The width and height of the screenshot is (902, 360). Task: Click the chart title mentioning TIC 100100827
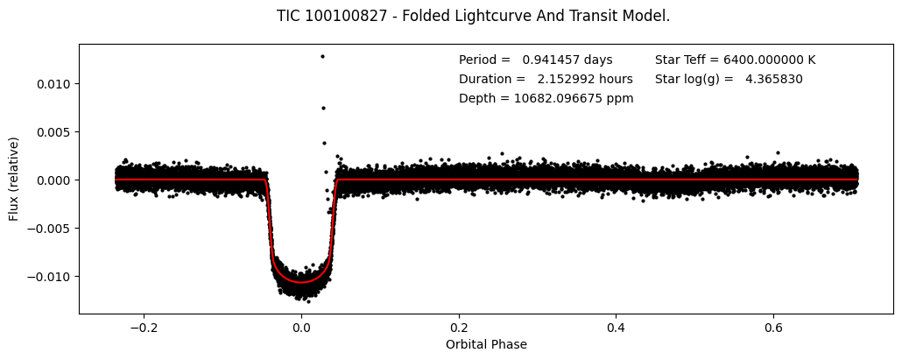[473, 16]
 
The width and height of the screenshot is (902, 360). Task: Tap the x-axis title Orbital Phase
[486, 344]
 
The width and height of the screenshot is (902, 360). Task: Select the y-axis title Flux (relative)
[14, 179]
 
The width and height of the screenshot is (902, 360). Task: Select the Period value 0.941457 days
[567, 60]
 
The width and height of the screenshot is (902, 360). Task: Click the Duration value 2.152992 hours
[585, 80]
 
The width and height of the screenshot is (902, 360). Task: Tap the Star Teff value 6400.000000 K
[768, 60]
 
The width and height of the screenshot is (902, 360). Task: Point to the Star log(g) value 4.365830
[774, 80]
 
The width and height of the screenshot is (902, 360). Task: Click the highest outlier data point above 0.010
[322, 56]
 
